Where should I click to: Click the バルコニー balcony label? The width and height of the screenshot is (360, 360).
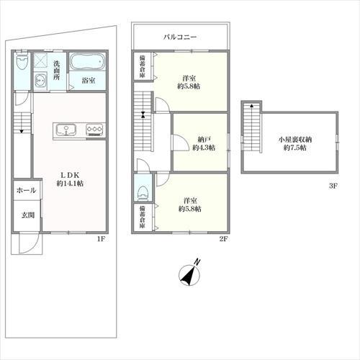coord(180,37)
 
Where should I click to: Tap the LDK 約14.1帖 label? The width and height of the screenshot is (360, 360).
coord(70,179)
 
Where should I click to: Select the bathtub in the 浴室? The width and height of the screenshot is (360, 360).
coord(87,62)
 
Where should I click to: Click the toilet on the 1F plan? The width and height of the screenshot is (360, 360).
coord(22,61)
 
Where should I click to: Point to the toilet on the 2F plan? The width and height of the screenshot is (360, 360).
coord(143,193)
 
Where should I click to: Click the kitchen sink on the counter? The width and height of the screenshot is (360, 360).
coord(66,130)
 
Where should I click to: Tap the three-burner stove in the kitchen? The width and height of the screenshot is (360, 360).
coord(94,130)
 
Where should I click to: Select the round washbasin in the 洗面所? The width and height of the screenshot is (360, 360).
coord(40,81)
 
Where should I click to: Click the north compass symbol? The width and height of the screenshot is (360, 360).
coord(190,273)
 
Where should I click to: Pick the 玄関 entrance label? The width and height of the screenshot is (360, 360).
coord(28,215)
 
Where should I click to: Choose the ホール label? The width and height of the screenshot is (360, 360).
coord(27,191)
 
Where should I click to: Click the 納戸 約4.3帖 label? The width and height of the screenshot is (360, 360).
coord(204,143)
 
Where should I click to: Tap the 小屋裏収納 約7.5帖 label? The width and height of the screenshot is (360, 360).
coord(295,143)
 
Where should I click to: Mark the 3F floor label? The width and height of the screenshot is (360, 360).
coord(333,186)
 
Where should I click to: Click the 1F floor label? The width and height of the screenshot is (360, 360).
coord(101,239)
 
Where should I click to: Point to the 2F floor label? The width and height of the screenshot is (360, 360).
coord(222,239)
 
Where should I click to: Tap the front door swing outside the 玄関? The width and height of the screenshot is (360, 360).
coord(29,243)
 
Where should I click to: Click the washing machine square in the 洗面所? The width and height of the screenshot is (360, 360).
coord(40,62)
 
